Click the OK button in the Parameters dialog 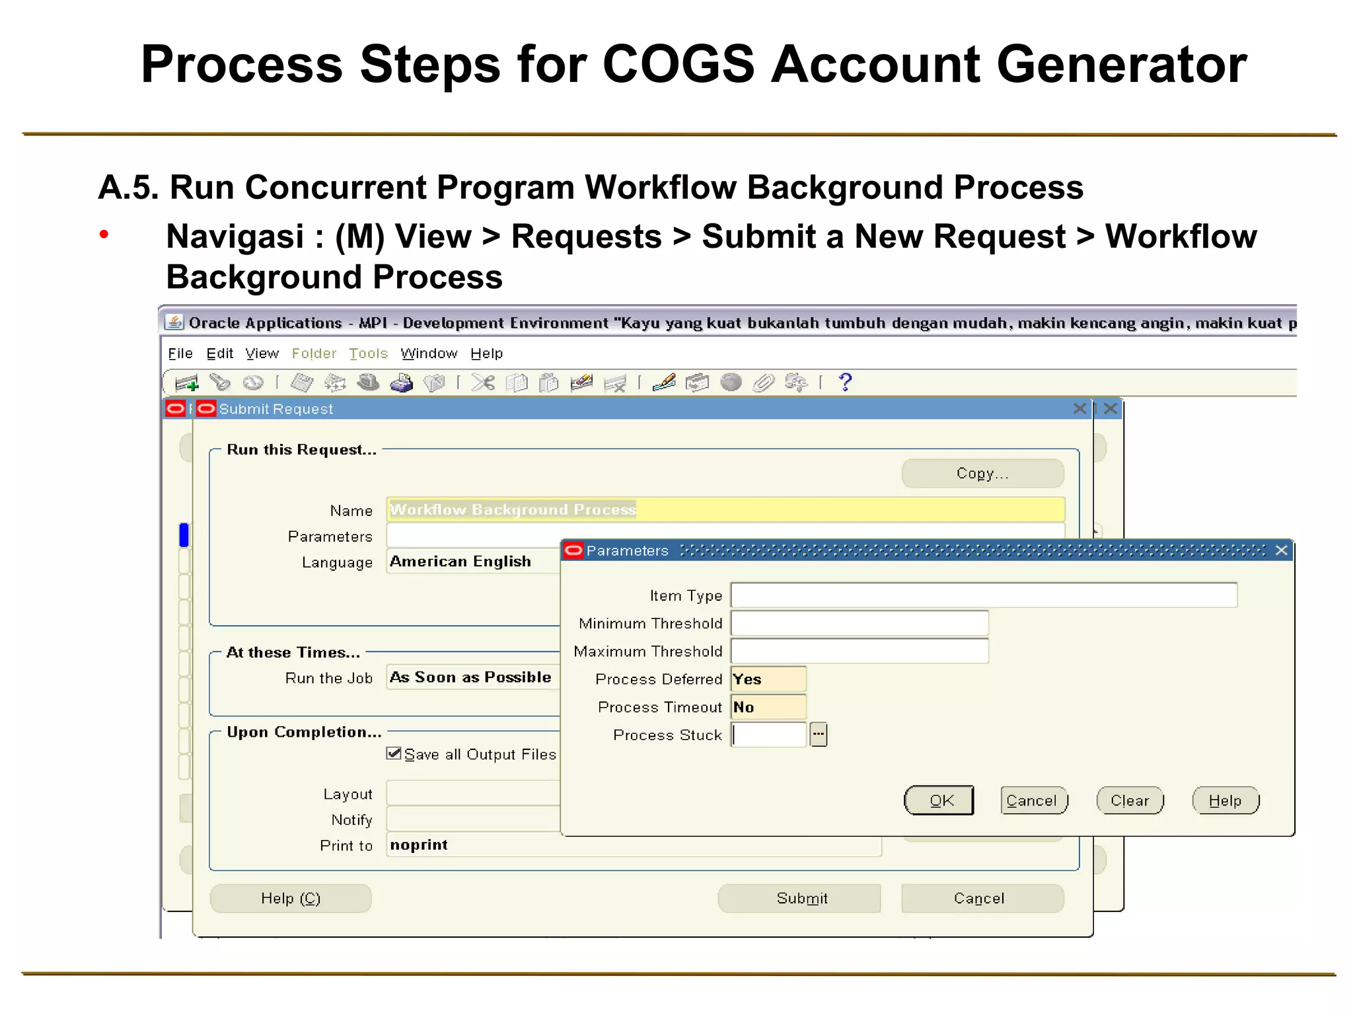939,801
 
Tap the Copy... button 982,474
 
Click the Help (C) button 291,899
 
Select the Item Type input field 983,595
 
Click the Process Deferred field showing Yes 768,679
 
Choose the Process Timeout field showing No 768,707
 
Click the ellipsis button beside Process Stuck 819,734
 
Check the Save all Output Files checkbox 394,754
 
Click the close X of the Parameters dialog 1282,550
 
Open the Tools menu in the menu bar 368,354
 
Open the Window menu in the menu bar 429,354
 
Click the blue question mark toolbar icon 845,382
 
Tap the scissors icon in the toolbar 483,383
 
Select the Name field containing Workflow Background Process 725,509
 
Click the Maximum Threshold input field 859,652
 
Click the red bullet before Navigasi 104,234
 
